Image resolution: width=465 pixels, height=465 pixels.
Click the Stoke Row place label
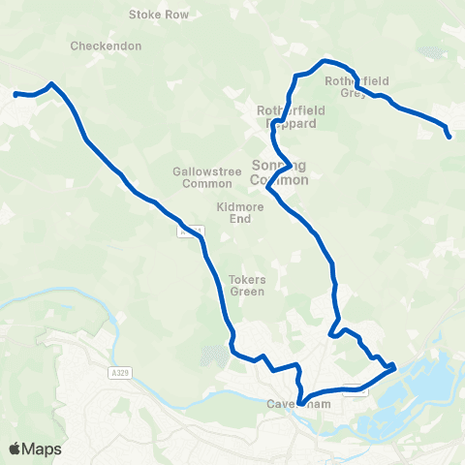point(159,15)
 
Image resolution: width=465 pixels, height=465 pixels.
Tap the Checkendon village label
point(107,46)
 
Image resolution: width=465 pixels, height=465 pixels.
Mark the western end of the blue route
point(15,94)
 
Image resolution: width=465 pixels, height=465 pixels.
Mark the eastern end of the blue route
point(449,137)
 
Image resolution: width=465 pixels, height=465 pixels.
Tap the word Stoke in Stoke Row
point(146,15)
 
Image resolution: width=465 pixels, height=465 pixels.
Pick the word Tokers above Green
point(247,279)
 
